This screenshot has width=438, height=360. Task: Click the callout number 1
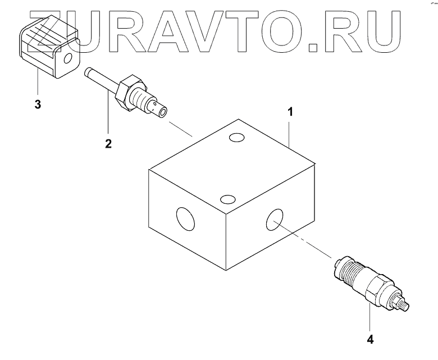point(290,112)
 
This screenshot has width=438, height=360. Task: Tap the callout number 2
point(108,143)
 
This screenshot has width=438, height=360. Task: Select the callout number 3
point(38,105)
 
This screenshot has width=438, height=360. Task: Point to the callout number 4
point(369,339)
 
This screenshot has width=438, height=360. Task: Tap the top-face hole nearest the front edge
point(227,199)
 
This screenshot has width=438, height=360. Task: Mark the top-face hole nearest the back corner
point(236,138)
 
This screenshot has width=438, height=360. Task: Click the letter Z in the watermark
point(48,28)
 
